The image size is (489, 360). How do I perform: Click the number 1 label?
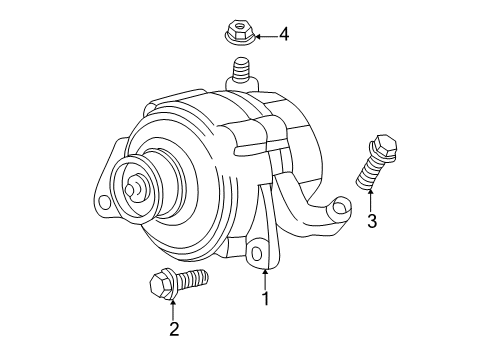pyautogui.click(x=265, y=297)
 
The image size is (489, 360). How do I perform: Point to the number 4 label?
pyautogui.click(x=284, y=37)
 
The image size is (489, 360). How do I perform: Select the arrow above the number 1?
pyautogui.click(x=265, y=276)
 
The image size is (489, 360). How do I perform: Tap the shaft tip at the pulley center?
pyautogui.click(x=132, y=186)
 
